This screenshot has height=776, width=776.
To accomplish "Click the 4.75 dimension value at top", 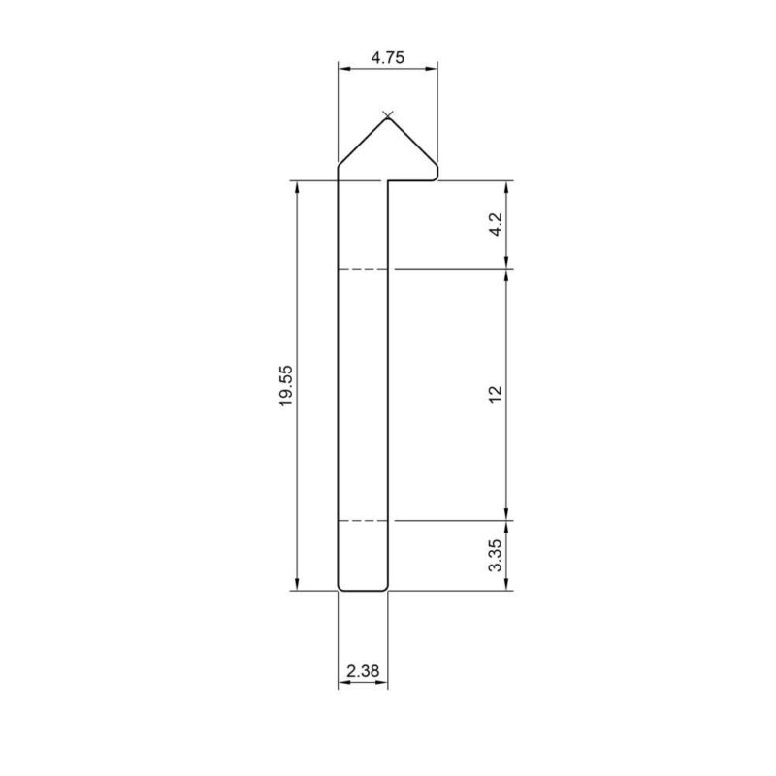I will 387,57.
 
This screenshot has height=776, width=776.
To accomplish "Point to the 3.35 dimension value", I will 495,554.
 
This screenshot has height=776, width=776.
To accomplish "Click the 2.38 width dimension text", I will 363,670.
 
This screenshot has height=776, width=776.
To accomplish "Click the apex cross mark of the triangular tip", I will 388,116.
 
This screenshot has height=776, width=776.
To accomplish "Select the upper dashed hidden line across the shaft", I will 363,269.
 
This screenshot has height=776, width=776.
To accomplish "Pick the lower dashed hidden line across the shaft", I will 363,521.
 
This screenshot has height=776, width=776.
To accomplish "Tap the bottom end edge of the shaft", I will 363,589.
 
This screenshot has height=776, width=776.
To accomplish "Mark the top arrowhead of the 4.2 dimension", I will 507,187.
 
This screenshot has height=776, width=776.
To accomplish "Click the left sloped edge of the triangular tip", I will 362,141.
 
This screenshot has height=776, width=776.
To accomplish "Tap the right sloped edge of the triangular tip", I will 414,141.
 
